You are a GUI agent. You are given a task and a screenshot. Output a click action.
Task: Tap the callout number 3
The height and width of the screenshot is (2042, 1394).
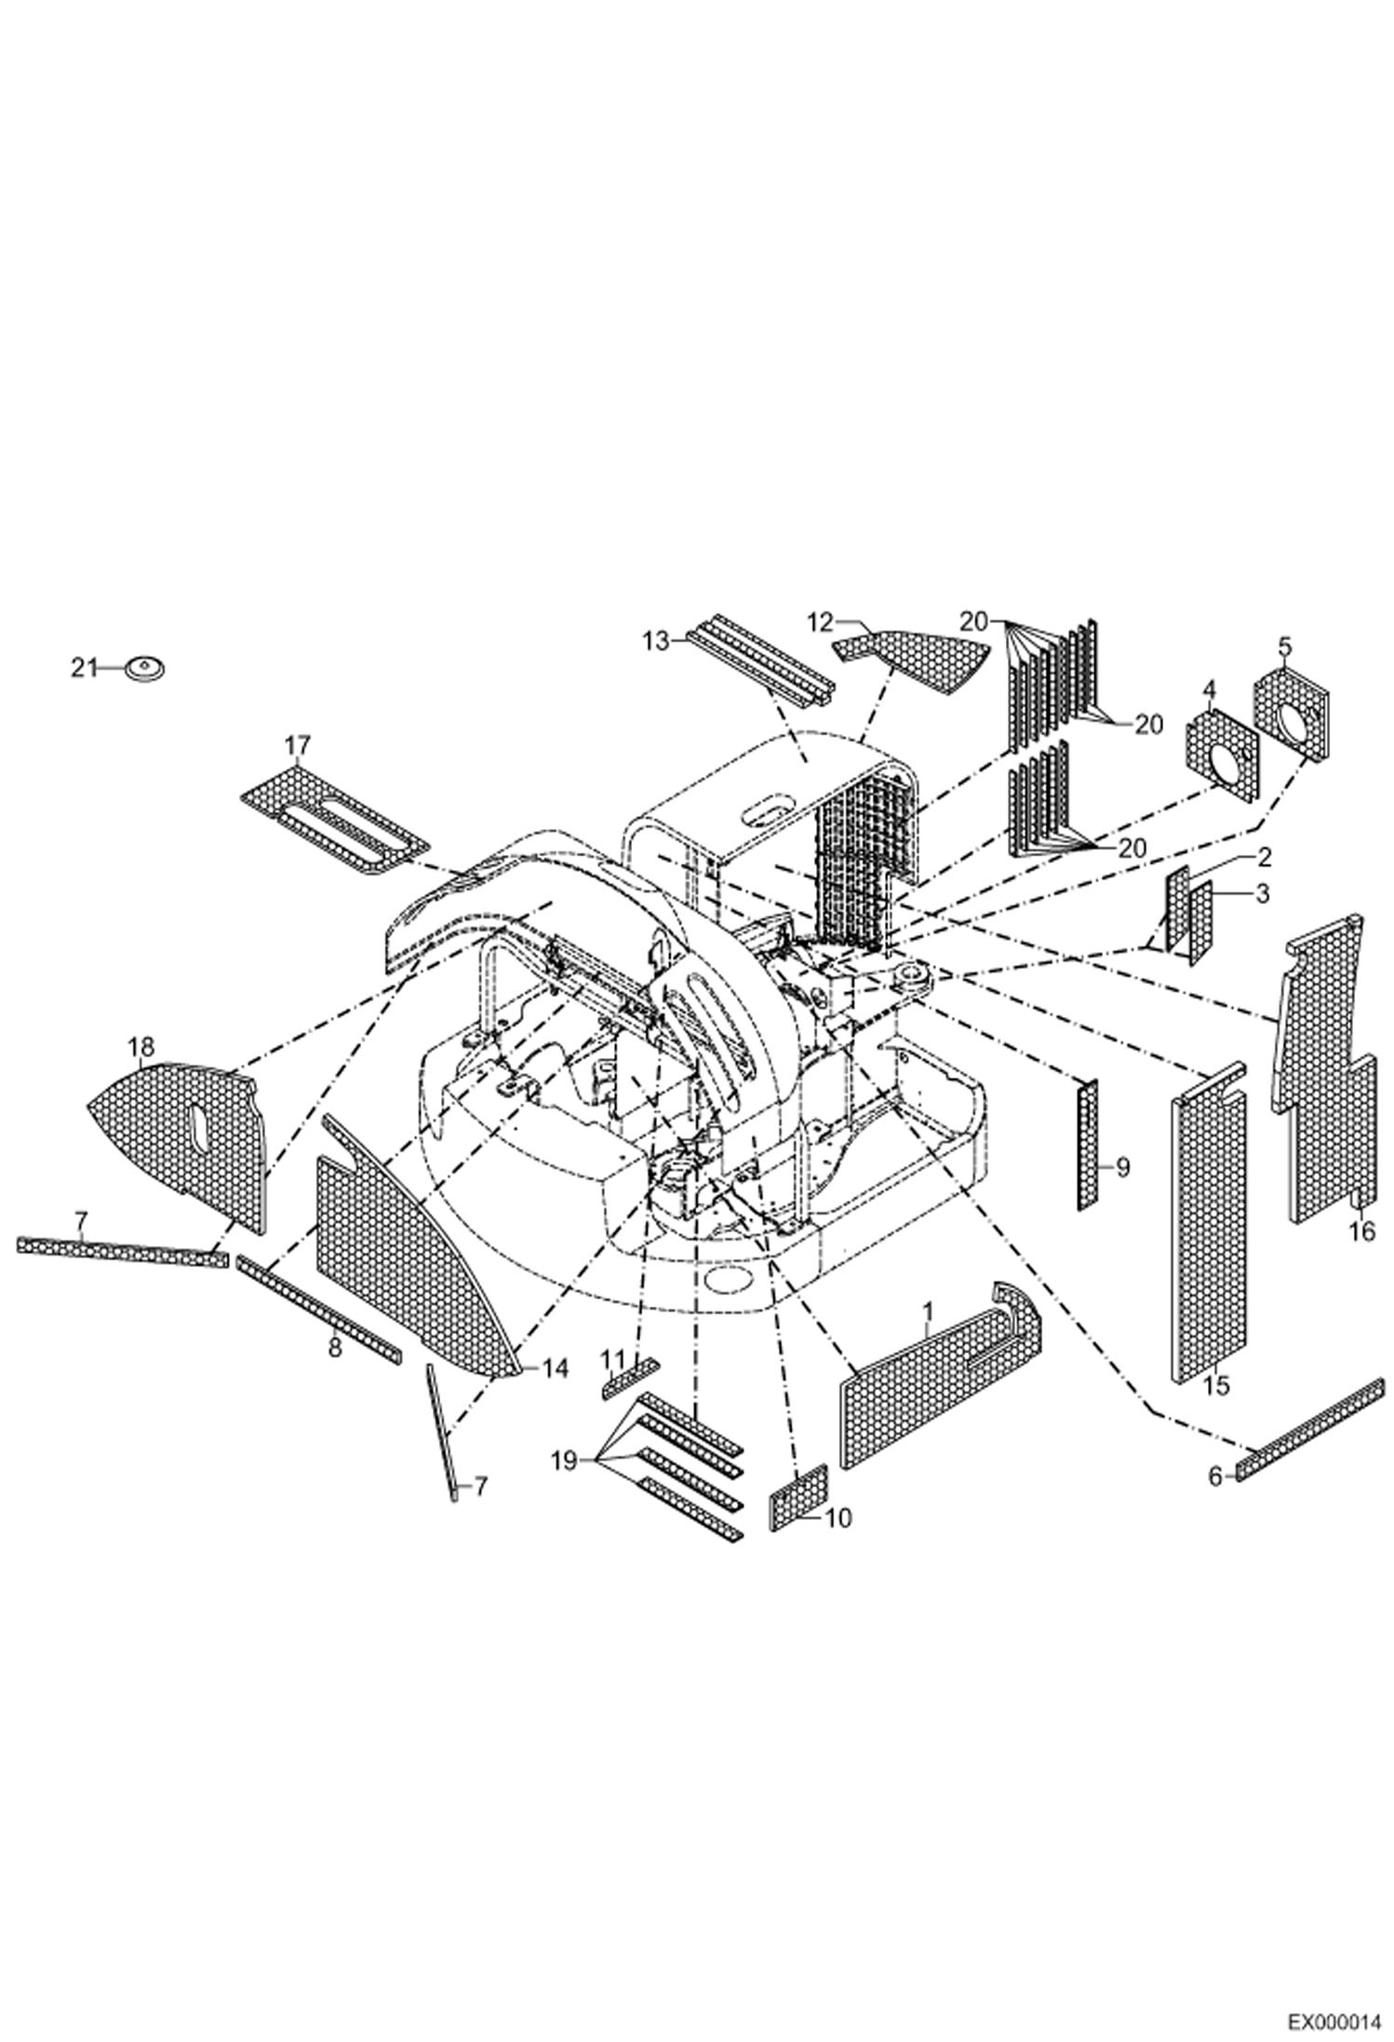tap(1262, 893)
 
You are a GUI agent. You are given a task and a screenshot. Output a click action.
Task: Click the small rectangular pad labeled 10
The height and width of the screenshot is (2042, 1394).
tap(798, 1496)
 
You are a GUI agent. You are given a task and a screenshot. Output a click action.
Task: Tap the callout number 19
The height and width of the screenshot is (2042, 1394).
tap(564, 1460)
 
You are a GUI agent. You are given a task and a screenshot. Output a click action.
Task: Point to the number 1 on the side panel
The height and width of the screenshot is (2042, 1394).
tap(927, 1313)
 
